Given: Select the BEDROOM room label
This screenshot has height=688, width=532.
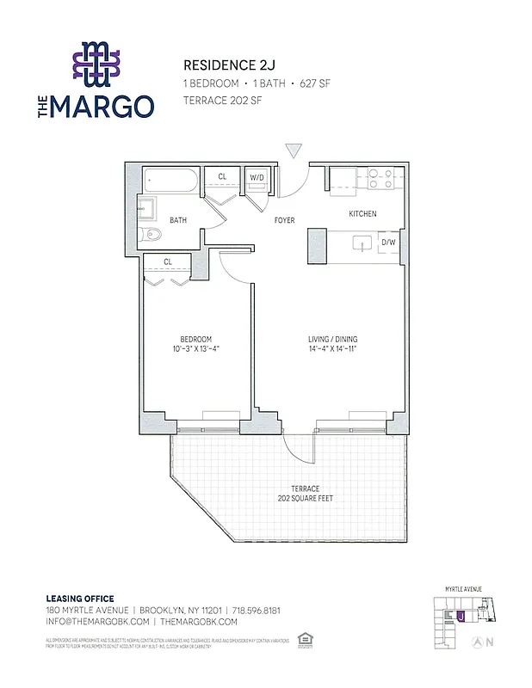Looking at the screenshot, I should tap(195, 339).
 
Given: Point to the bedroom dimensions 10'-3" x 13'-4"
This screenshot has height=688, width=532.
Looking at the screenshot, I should tap(195, 349).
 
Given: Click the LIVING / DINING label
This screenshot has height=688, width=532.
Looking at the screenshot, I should tap(332, 339).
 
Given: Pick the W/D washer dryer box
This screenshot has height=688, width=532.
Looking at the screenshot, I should tap(257, 177).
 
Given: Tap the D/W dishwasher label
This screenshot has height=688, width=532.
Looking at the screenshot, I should tap(388, 243).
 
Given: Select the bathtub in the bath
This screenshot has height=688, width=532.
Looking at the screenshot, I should tap(170, 181).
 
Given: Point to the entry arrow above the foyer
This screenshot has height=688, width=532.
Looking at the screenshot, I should tap(294, 151).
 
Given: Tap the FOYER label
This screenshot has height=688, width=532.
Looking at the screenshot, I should tap(284, 221).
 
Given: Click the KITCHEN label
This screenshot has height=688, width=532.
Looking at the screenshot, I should tap(362, 214).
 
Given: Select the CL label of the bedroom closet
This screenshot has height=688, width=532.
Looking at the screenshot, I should tap(168, 261).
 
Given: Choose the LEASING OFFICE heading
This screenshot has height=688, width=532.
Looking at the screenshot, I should tap(79, 599).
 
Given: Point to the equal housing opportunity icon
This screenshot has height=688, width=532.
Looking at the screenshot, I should tap(303, 639).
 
